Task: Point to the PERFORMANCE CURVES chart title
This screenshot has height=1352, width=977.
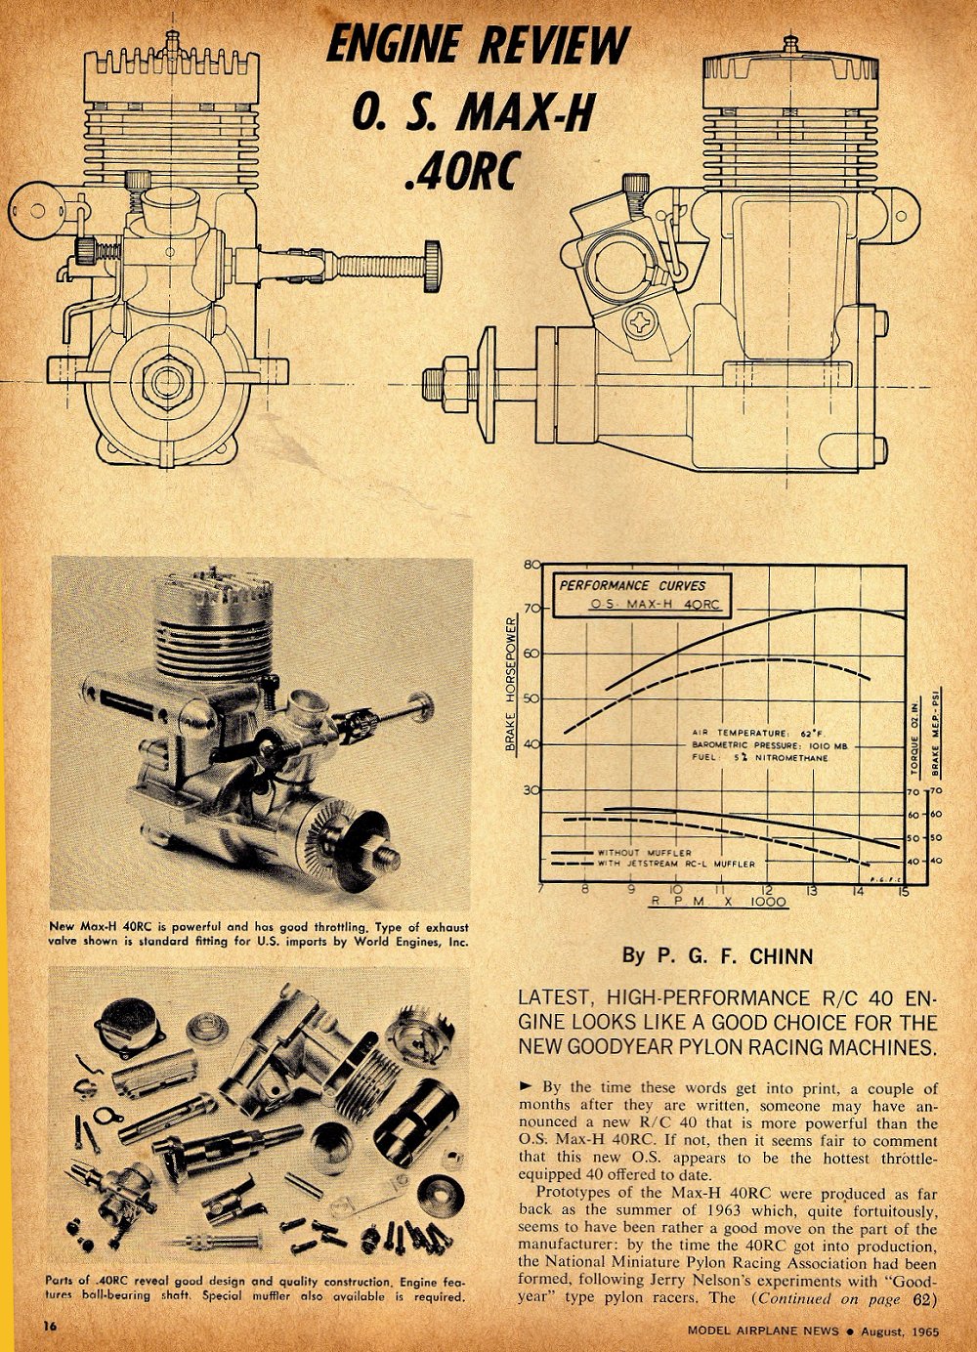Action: [632, 585]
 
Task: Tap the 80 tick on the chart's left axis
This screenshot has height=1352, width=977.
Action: [531, 565]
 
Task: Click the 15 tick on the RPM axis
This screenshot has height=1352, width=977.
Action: [904, 890]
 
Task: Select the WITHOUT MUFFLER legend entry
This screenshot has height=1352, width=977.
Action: [644, 853]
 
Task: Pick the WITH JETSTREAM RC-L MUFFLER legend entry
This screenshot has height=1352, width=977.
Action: [675, 865]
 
